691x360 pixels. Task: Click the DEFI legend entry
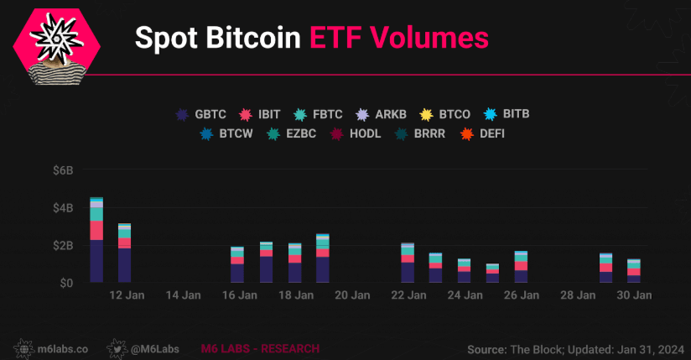tap(478, 133)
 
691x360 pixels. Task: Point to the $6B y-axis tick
tap(64, 170)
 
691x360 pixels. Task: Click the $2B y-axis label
tap(64, 245)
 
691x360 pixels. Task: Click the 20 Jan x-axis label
tap(351, 295)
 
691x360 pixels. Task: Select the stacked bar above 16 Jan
tap(237, 265)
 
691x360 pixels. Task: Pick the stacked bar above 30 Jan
tap(634, 271)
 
